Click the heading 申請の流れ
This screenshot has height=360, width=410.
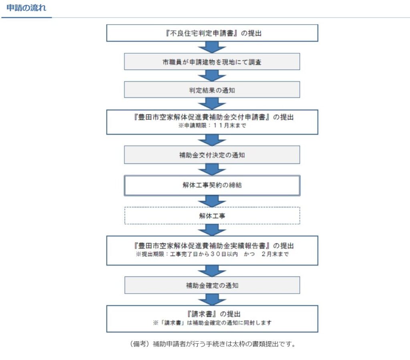click(26, 8)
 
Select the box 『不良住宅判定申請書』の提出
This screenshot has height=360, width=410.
click(212, 33)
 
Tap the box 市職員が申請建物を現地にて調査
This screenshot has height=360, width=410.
click(212, 62)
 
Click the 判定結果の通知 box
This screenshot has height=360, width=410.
click(212, 90)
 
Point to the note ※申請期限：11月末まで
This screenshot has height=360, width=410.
click(212, 125)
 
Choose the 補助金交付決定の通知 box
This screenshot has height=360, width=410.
click(212, 155)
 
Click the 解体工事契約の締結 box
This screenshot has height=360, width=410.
click(212, 186)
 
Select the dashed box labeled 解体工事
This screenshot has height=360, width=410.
click(212, 216)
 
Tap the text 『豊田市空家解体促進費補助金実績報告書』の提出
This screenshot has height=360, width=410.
click(214, 246)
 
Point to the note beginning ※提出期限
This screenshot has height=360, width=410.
click(212, 254)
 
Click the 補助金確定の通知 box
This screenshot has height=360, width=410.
click(212, 285)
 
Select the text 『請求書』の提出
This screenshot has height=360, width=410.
click(214, 314)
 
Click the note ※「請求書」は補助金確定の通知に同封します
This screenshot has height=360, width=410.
click(212, 323)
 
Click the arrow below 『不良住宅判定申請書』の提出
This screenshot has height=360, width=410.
click(212, 47)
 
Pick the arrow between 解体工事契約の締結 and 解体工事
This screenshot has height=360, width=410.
click(212, 201)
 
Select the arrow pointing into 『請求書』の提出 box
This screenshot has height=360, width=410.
click(212, 300)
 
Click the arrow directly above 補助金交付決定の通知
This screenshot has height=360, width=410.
click(212, 140)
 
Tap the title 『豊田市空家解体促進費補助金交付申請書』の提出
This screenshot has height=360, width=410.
click(214, 117)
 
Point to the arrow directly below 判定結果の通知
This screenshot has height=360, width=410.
click(212, 104)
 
